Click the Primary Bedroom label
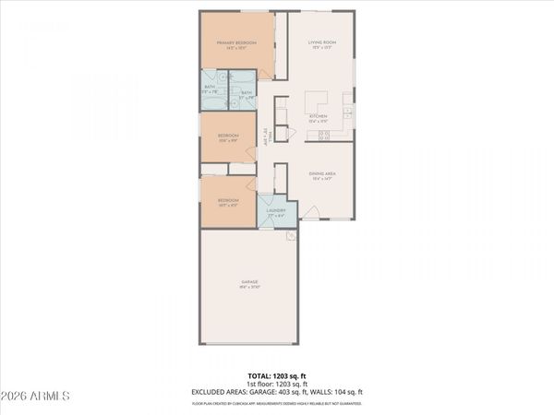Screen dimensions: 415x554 [x=236, y=44]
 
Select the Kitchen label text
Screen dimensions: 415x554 [x=319, y=117]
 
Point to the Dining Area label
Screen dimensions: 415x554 [x=321, y=175]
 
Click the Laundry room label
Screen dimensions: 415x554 [x=275, y=211]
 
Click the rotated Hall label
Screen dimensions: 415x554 [x=266, y=136]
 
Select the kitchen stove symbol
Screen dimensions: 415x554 [x=324, y=136]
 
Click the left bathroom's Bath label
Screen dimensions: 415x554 [x=211, y=90]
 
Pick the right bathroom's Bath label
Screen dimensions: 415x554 [x=247, y=93]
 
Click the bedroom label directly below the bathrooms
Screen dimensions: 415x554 [x=228, y=137]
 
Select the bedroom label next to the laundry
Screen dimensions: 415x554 [x=228, y=202]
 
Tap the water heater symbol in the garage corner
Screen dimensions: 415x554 [x=289, y=236]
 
